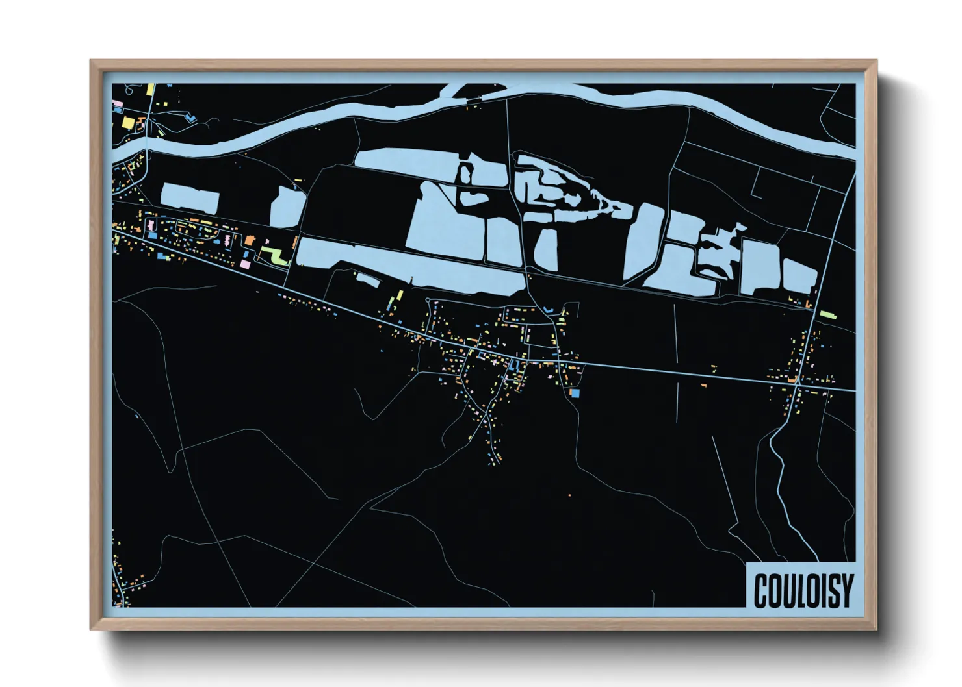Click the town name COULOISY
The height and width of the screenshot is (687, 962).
(x=803, y=590)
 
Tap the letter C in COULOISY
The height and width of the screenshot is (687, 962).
(x=761, y=591)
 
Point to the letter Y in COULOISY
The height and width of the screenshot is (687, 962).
(x=846, y=590)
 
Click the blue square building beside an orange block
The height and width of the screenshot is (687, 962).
(x=575, y=393)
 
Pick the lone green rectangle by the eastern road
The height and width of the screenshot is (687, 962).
(x=827, y=314)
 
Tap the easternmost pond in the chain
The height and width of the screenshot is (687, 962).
(x=799, y=275)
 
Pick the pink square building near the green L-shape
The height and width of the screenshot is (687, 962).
(x=245, y=264)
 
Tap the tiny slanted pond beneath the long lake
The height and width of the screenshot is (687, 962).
(x=367, y=279)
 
